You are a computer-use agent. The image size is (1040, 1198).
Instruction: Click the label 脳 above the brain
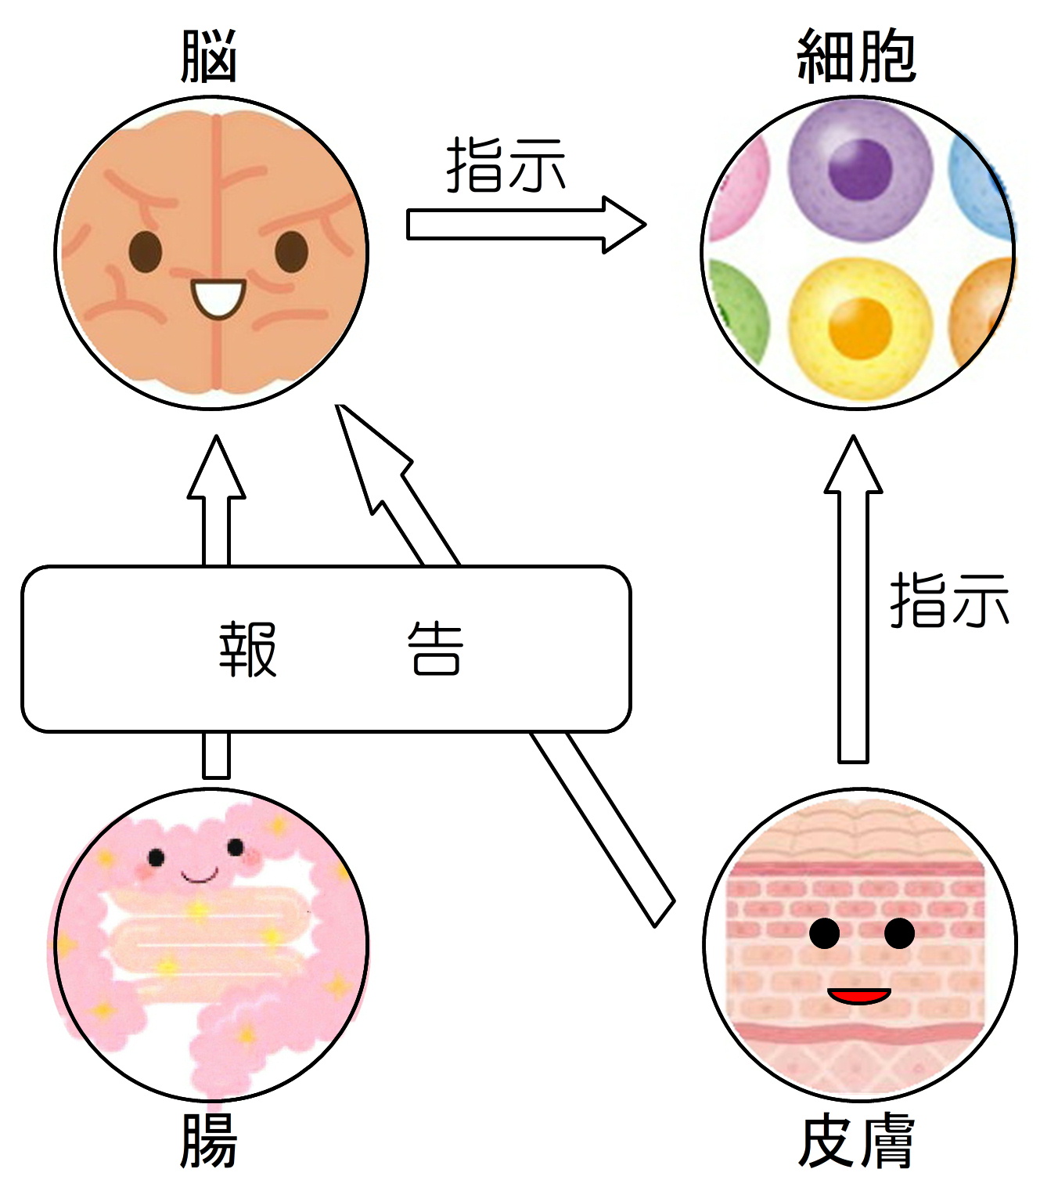(208, 56)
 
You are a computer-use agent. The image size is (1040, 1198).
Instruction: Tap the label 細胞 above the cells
(856, 56)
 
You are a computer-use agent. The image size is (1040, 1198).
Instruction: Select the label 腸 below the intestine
(208, 1141)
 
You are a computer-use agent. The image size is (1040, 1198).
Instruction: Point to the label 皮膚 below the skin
(856, 1141)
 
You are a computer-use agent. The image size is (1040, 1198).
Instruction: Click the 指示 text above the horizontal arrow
(506, 165)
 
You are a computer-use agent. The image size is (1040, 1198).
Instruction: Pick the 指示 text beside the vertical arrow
(948, 600)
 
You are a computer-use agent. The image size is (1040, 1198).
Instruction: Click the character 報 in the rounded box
(247, 649)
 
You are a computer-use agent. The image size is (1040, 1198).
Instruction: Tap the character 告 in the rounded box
(435, 649)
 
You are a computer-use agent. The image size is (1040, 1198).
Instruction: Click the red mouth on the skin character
(859, 996)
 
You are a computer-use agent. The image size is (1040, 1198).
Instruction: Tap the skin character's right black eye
(899, 933)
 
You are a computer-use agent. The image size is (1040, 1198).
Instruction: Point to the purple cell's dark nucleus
(860, 168)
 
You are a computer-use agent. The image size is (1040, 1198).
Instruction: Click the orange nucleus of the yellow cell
(860, 327)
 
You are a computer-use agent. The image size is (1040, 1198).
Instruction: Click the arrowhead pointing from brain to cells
(623, 225)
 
